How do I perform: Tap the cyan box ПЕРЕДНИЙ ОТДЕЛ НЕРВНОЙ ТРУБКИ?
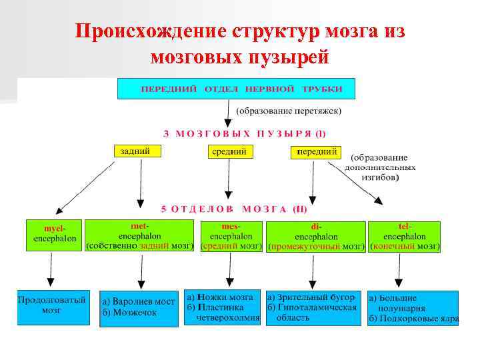click(x=236, y=89)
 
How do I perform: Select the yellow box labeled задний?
click(x=139, y=151)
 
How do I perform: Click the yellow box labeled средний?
click(x=229, y=152)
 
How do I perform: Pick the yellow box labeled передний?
click(x=316, y=152)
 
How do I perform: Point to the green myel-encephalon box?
click(x=54, y=235)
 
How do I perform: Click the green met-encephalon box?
click(x=139, y=236)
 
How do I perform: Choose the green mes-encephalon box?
click(x=231, y=236)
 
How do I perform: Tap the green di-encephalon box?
click(x=316, y=237)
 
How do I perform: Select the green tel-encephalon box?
click(x=404, y=237)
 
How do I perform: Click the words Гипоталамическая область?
click(x=313, y=312)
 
